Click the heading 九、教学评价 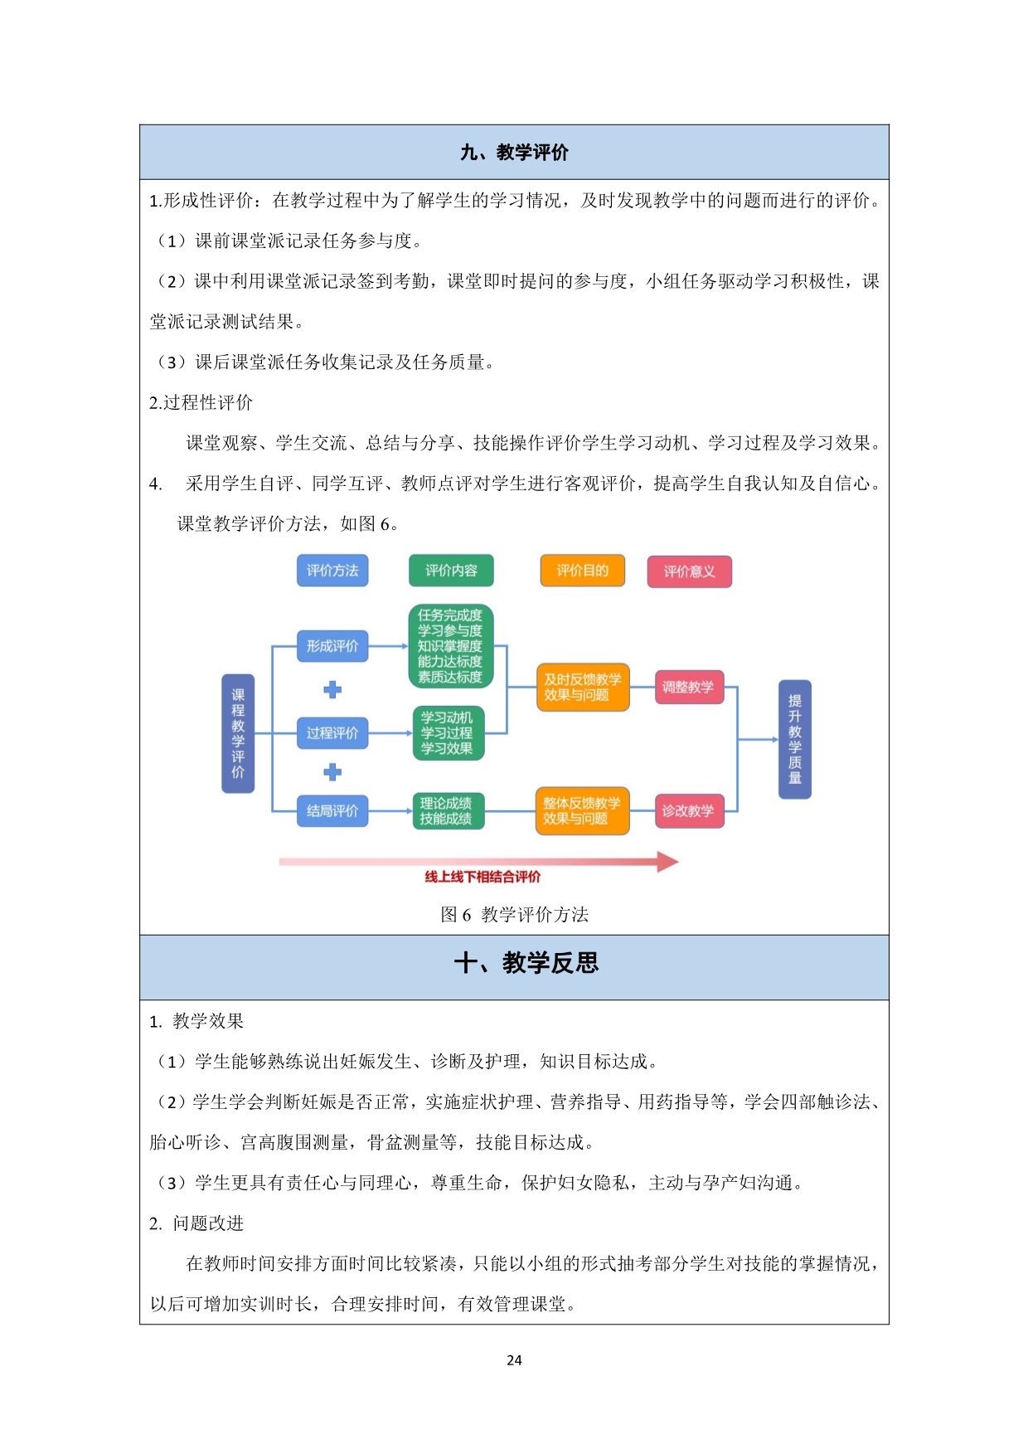click(514, 153)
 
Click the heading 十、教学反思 click(526, 963)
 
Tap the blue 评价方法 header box click(332, 571)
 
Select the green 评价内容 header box click(451, 571)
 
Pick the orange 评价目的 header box click(582, 571)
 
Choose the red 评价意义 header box click(689, 571)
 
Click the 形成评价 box click(332, 646)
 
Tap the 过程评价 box click(332, 733)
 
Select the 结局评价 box click(332, 811)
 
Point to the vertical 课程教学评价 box click(238, 733)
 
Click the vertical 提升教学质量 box click(795, 739)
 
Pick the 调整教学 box click(689, 688)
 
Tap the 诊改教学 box click(689, 811)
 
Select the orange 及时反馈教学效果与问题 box click(582, 688)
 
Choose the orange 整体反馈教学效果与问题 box click(582, 811)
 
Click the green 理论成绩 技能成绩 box click(448, 811)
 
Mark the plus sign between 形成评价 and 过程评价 click(332, 690)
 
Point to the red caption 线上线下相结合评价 click(482, 877)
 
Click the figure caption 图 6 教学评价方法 click(514, 915)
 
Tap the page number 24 click(514, 1360)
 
